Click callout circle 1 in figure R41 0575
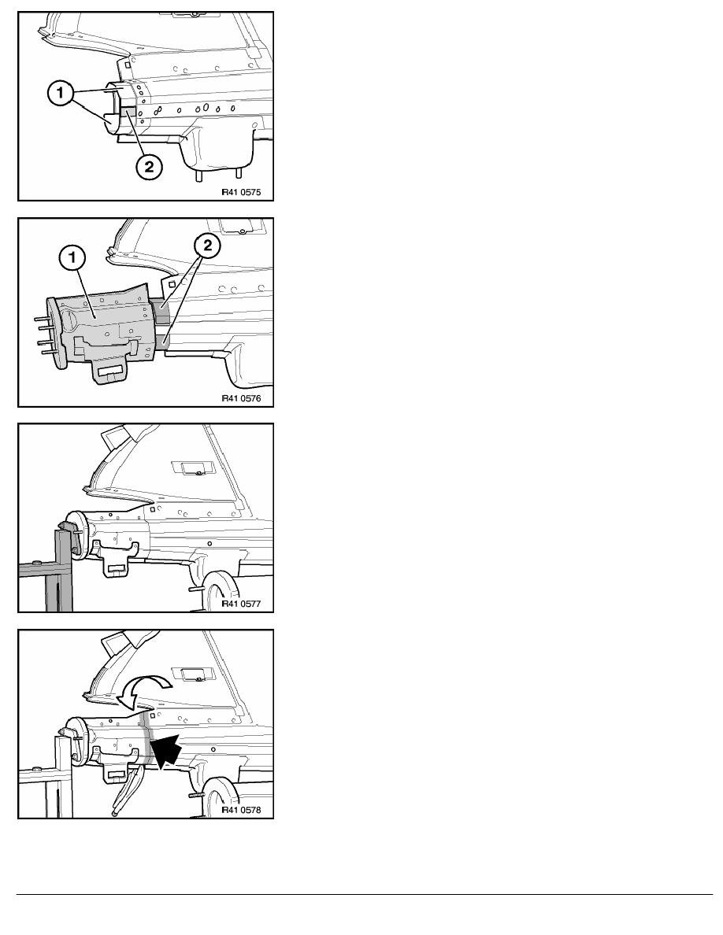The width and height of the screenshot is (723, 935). coord(60,94)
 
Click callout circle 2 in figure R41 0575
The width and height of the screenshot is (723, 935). coord(149,166)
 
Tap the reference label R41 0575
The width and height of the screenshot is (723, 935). coord(241,193)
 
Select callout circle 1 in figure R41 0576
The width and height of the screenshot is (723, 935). coord(72,258)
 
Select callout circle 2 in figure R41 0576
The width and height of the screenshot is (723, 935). coord(207,245)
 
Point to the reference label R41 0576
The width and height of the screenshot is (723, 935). coord(241,398)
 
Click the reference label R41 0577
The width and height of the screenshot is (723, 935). coord(241,604)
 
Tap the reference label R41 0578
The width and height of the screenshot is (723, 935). coord(241,810)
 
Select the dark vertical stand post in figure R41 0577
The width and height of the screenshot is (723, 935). coord(63,570)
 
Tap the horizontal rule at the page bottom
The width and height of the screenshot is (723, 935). coord(365,894)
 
